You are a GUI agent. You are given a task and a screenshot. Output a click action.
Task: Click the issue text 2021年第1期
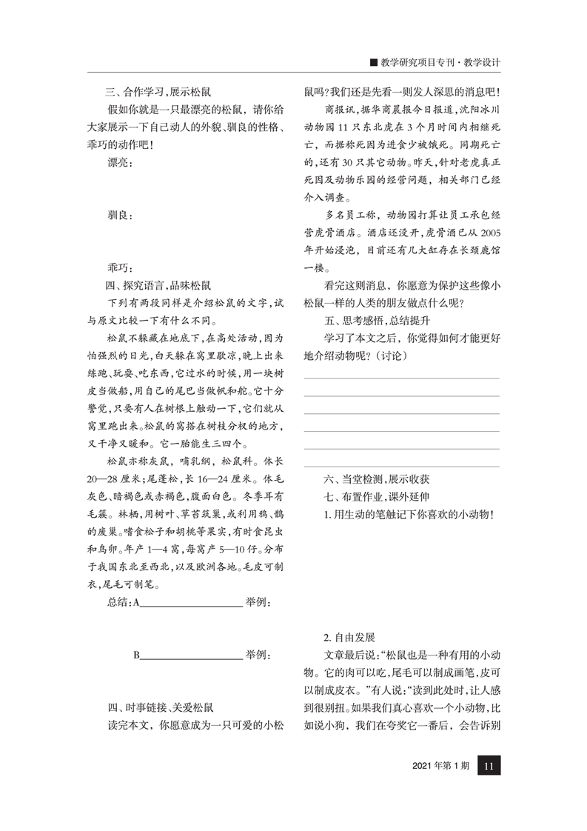pyautogui.click(x=440, y=767)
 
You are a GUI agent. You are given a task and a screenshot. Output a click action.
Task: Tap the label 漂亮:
pyautogui.click(x=118, y=164)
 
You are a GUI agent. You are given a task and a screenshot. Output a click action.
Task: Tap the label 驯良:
pyautogui.click(x=118, y=216)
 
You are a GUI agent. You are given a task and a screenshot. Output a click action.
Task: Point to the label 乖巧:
pyautogui.click(x=118, y=267)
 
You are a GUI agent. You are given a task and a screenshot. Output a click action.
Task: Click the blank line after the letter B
pyautogui.click(x=191, y=655)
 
